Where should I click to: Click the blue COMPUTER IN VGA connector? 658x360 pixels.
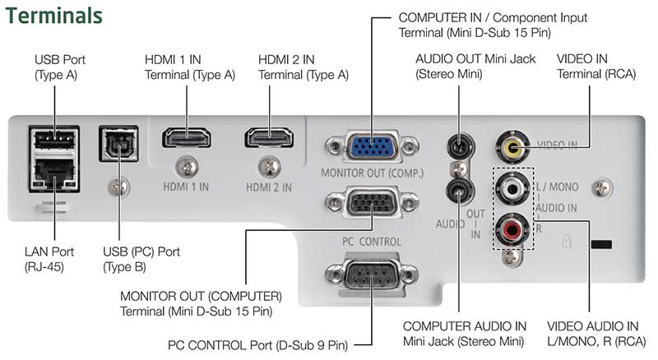372,147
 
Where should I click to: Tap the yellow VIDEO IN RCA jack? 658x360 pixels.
512,147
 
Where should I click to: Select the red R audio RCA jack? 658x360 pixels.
512,229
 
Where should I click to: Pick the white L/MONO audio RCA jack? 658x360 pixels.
512,189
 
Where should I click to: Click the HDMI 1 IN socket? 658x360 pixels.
187,137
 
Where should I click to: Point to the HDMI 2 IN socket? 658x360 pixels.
269,137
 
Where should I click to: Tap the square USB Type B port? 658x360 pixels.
118,144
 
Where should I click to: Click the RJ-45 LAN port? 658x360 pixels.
54,173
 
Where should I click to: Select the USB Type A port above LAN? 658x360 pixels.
54,139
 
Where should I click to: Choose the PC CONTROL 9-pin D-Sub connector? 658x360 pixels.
372,275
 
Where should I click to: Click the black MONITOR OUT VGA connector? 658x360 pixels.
372,203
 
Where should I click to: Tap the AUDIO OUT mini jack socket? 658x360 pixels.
460,146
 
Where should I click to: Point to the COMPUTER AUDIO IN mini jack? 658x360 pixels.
460,191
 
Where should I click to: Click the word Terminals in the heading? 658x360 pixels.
53,16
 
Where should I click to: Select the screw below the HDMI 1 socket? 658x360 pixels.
187,167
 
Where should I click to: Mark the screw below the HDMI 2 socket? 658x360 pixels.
270,167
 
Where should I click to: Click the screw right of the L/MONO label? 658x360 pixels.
602,188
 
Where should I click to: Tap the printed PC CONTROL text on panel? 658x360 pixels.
372,242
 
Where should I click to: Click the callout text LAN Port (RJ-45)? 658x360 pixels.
49,259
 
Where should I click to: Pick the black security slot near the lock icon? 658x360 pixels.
601,244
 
